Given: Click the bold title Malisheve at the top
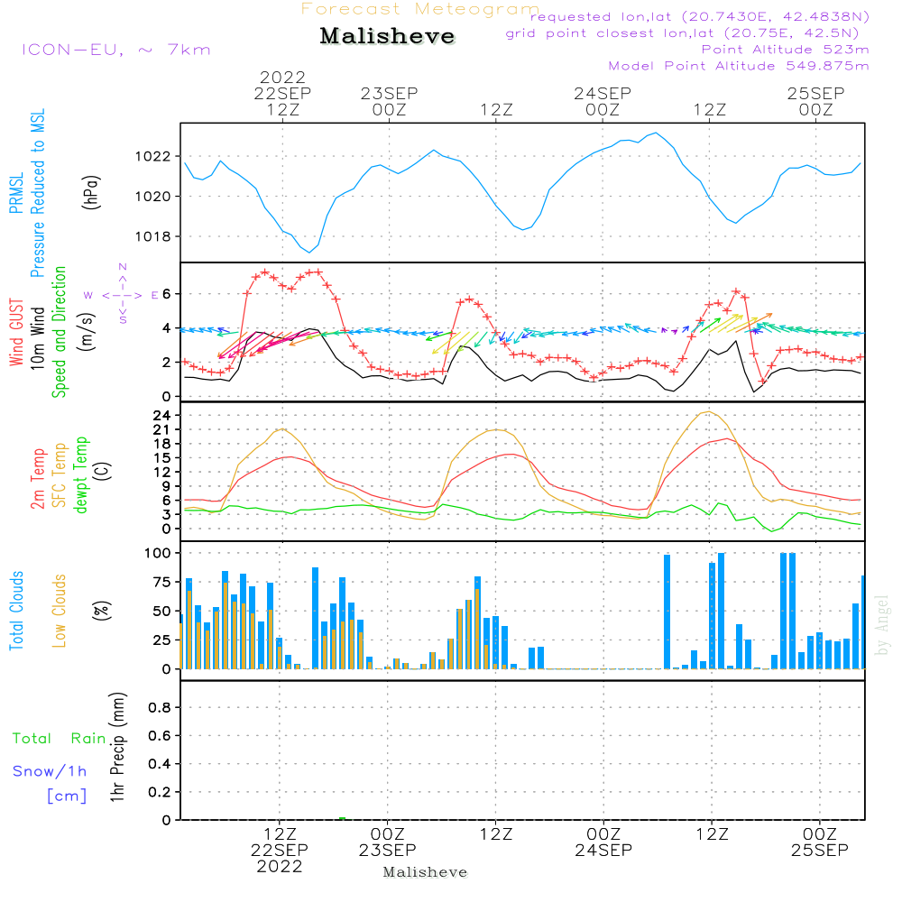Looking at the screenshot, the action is (387, 36).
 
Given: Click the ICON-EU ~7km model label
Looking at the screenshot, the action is (116, 50).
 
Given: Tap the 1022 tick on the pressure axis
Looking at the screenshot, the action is (153, 156).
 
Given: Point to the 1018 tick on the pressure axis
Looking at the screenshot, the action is (153, 236).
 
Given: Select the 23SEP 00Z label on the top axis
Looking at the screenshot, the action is (390, 101).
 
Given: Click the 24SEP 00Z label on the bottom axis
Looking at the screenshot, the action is (603, 842).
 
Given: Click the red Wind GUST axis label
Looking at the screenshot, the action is (16, 332).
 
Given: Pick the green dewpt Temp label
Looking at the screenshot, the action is (80, 474).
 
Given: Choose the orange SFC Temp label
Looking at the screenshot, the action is (60, 475).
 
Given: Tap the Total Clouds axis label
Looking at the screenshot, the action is (16, 611).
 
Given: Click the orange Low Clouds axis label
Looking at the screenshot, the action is (59, 611).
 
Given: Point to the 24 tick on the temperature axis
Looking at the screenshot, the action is (161, 415).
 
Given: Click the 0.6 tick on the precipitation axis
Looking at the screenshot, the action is (160, 736).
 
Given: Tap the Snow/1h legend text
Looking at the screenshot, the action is (50, 771).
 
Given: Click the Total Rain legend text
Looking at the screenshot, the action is (60, 739).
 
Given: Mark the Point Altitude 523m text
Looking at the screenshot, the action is (786, 50).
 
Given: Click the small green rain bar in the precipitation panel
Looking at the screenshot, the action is (342, 818).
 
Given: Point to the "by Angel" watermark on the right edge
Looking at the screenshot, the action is (882, 625).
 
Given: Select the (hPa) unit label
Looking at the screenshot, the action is (91, 192).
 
